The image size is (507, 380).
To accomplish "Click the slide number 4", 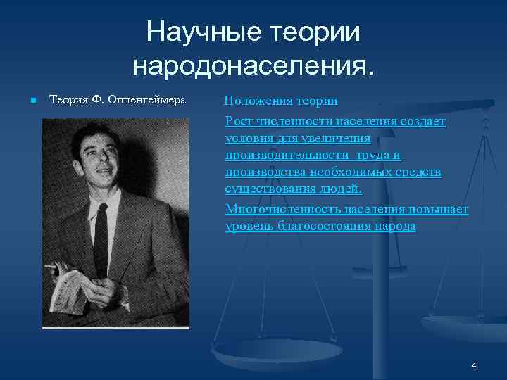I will pos(474,365).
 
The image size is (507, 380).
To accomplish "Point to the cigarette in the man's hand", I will pos(51,267).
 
